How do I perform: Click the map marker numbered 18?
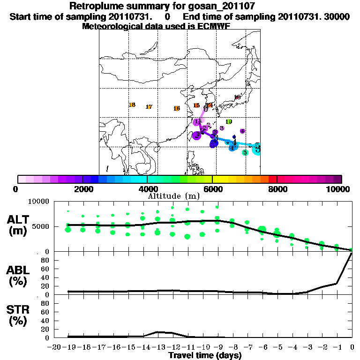coord(132,105)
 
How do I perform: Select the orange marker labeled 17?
coord(149,107)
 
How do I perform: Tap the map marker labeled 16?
coord(177,108)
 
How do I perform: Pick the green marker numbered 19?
coord(229,122)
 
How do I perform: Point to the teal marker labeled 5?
coord(245,152)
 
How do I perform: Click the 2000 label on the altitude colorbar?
coord(82,189)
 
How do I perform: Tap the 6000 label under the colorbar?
coord(212,189)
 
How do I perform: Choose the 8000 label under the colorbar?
coord(277,189)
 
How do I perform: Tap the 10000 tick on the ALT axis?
coord(39,202)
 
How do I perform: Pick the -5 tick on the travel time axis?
coord(277,347)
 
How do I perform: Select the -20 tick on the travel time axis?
coord(54,347)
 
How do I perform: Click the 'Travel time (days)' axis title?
coord(205,356)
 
